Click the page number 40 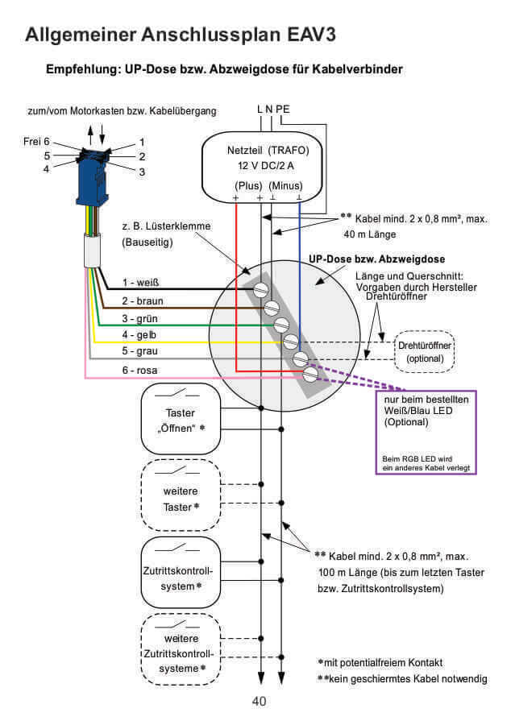pos(259,701)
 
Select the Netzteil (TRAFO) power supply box pos(266,166)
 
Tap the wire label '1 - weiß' pos(141,283)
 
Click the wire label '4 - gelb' pos(140,334)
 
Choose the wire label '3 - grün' pos(140,317)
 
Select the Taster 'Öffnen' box pos(181,418)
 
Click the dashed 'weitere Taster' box pos(181,491)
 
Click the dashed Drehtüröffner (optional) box pos(425,352)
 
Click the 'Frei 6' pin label pos(35,141)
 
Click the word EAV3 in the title pos(301,35)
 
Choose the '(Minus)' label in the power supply pos(286,185)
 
